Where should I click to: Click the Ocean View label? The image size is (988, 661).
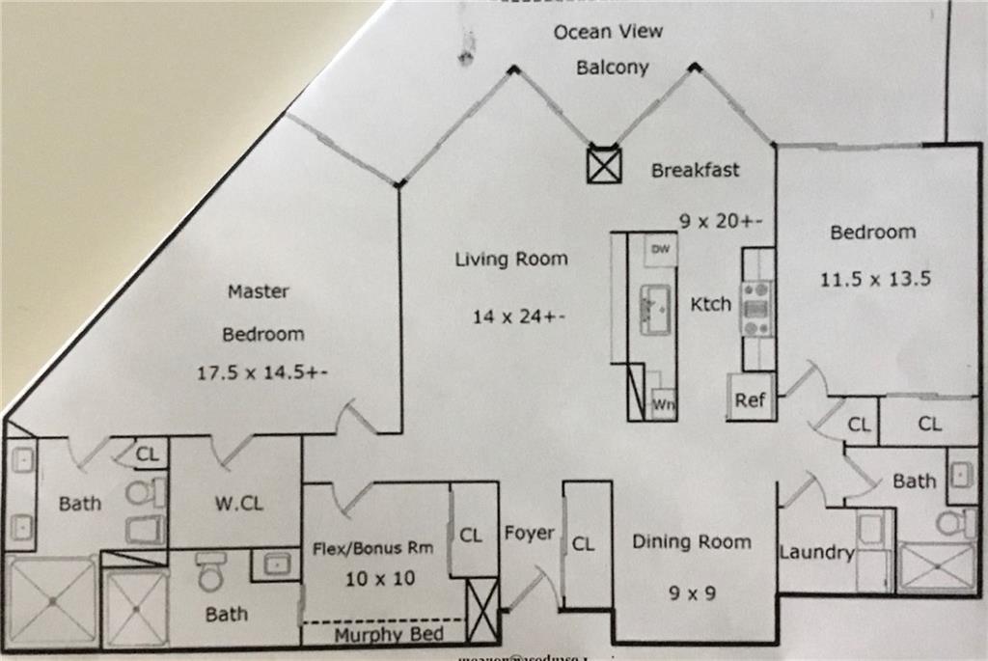point(608,32)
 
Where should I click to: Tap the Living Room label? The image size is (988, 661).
point(511,260)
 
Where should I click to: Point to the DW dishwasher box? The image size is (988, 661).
point(661,249)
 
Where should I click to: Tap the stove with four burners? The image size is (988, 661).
point(756,308)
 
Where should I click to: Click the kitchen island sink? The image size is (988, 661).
point(657,310)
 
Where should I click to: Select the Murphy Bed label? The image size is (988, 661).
point(389,634)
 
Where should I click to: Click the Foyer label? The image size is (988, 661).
point(530,533)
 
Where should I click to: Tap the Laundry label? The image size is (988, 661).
point(816,553)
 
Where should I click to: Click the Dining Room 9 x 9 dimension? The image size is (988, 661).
point(691,592)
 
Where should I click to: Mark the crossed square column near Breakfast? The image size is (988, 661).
point(604,164)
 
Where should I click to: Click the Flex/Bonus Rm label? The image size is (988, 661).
point(372,548)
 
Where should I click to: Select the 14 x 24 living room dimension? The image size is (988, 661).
point(519,316)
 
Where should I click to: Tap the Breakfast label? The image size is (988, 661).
point(695,170)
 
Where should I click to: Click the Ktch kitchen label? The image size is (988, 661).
point(710,304)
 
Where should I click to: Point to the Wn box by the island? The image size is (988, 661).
point(663,405)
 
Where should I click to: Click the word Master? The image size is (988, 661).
point(258,290)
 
